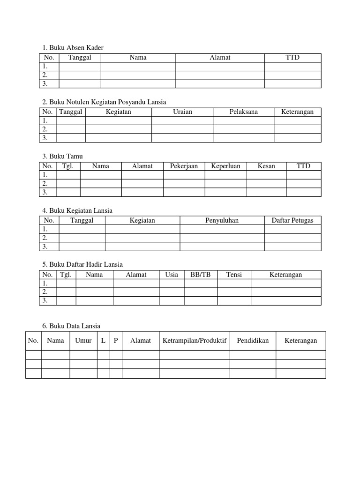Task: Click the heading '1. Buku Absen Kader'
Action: [73, 48]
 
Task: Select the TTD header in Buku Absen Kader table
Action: [292, 58]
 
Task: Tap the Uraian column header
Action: [182, 112]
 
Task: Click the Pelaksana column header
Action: [244, 112]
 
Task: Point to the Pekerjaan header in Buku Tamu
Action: [184, 166]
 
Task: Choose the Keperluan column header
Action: [225, 166]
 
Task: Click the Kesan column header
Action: [266, 166]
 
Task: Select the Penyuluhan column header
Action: [222, 220]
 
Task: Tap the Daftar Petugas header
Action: [292, 220]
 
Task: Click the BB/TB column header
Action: [201, 275]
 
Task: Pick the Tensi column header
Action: [234, 275]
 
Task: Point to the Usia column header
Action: [172, 275]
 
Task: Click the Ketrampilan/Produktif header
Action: [195, 341]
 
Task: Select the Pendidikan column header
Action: [253, 341]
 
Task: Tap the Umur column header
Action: [83, 341]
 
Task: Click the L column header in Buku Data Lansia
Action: [103, 341]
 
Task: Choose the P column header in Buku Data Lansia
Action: [116, 341]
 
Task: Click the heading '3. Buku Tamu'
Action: [62, 156]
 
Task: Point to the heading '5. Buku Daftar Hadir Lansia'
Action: [82, 265]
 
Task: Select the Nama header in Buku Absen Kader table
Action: [138, 58]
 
